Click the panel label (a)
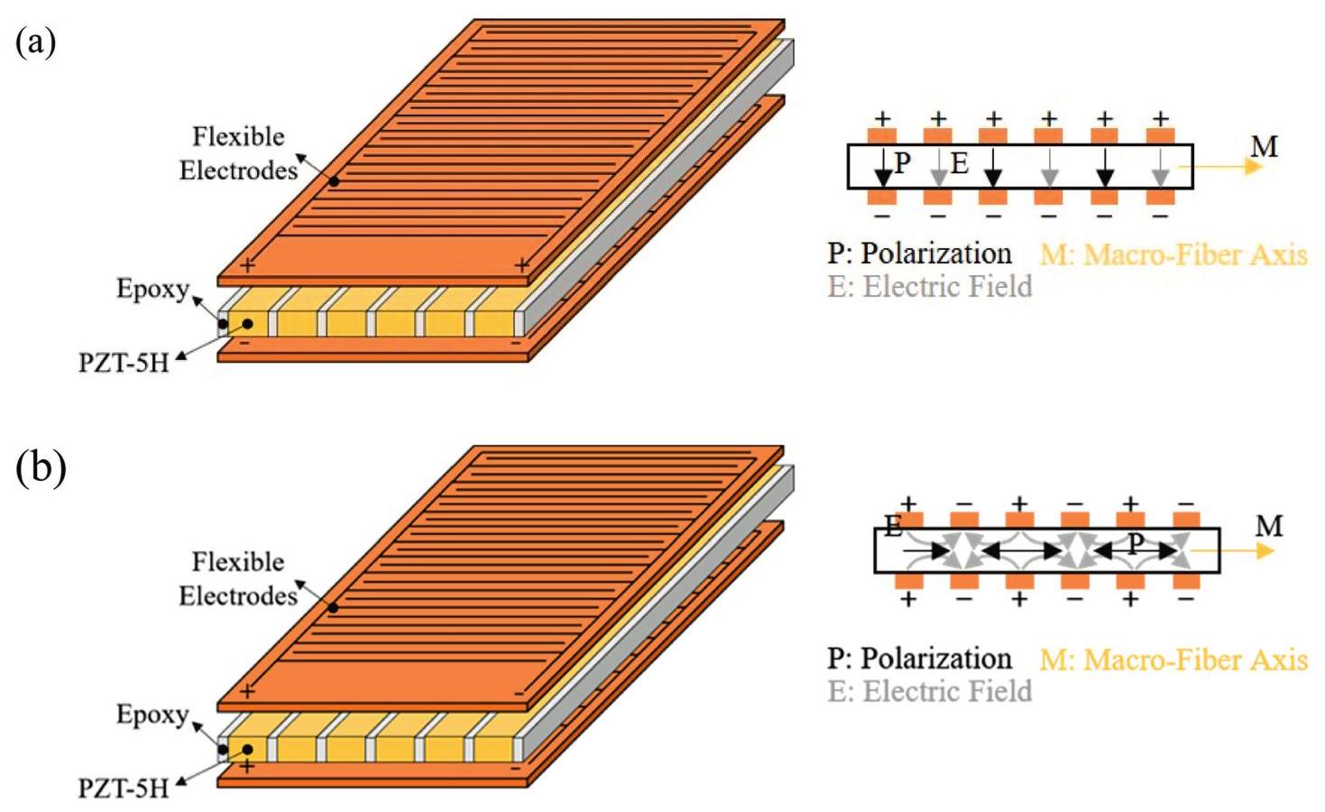pyautogui.click(x=36, y=42)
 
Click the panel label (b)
pyautogui.click(x=41, y=467)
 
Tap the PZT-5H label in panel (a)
pyautogui.click(x=124, y=363)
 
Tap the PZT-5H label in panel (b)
pyautogui.click(x=124, y=789)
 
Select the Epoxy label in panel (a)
pyautogui.click(x=152, y=289)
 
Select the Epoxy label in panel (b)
pyautogui.click(x=152, y=715)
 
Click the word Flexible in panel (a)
pyautogui.click(x=238, y=136)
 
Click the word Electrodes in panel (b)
pyautogui.click(x=238, y=595)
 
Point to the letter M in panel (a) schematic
pyautogui.click(x=1264, y=146)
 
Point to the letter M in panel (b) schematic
pyautogui.click(x=1268, y=525)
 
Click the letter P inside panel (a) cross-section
pyautogui.click(x=902, y=163)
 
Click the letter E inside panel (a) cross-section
pyautogui.click(x=960, y=163)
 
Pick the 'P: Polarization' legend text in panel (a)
pyautogui.click(x=919, y=254)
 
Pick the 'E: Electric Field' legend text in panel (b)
pyautogui.click(x=930, y=691)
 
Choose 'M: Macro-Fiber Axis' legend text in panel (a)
pyautogui.click(x=1173, y=254)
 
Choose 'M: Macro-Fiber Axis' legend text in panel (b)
pyautogui.click(x=1173, y=660)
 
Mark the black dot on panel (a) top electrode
pyautogui.click(x=334, y=181)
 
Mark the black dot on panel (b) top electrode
pyautogui.click(x=334, y=607)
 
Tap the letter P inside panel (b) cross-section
pyautogui.click(x=1136, y=543)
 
